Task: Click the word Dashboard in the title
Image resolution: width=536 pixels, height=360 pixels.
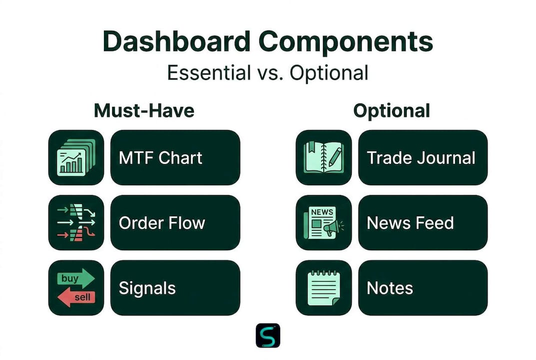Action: pos(176,41)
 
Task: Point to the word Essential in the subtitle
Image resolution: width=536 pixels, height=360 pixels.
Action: pos(209,72)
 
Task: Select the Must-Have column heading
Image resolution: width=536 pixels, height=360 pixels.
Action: pos(144,110)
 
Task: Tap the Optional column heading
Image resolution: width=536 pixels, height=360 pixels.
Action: pos(392,111)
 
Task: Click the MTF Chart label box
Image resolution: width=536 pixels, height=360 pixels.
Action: pos(175,157)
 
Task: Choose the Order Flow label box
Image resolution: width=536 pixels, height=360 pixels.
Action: pos(175,222)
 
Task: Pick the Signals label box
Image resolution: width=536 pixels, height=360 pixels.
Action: pos(175,288)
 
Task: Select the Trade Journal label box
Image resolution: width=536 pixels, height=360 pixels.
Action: pos(423,157)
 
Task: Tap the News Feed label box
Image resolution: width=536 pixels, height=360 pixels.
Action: pos(423,222)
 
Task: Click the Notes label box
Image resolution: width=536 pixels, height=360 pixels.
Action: pos(423,288)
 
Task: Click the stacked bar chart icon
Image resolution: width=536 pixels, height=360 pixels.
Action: pos(76,157)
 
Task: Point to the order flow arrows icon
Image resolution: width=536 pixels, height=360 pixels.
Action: pos(76,222)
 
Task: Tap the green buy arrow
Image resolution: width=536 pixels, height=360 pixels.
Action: pos(76,278)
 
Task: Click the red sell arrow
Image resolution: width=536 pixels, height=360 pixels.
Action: pos(76,297)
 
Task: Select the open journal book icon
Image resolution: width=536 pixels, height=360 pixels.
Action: pos(323,157)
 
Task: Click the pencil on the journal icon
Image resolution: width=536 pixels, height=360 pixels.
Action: pos(336,156)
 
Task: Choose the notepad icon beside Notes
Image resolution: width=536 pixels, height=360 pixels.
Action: pos(324,288)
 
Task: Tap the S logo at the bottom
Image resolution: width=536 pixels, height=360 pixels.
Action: pos(268,335)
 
